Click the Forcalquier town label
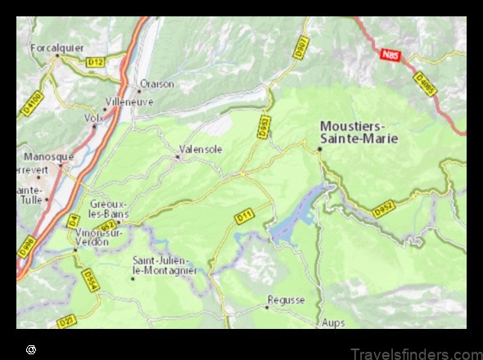point(56,47)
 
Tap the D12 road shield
point(96,61)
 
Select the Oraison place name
point(157,83)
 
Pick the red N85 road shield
point(390,54)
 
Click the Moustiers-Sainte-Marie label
point(359,132)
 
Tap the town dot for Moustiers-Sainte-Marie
point(319,148)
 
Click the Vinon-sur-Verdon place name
point(99,237)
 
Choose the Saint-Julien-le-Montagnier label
point(165,265)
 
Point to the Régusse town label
point(286,300)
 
